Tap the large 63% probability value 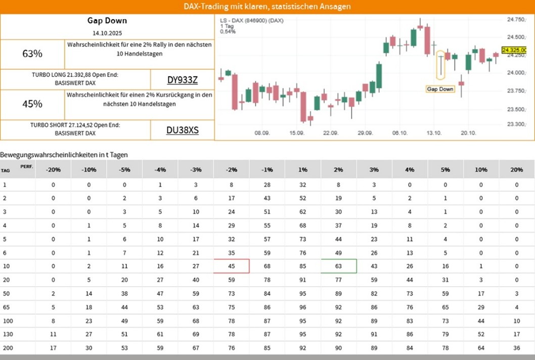32,54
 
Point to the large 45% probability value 32,104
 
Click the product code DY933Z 183,79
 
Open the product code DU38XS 183,130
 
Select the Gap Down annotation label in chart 440,89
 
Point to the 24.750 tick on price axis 516,19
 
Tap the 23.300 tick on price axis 516,124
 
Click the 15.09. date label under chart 296,132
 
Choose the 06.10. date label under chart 399,132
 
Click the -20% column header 53,169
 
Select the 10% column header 481,169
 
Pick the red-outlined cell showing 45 232,266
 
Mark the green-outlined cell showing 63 339,266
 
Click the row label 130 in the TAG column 7,334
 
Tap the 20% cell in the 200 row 517,347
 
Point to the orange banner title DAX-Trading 267,7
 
